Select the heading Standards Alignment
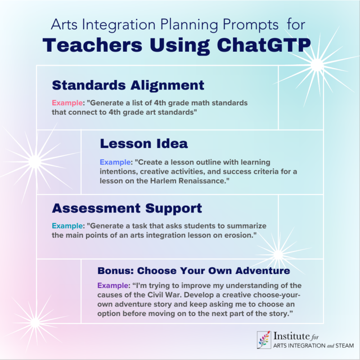[x=128, y=85]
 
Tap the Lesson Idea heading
[x=144, y=144]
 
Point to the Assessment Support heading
[x=127, y=208]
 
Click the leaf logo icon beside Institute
[x=263, y=340]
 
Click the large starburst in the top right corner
[x=317, y=66]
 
